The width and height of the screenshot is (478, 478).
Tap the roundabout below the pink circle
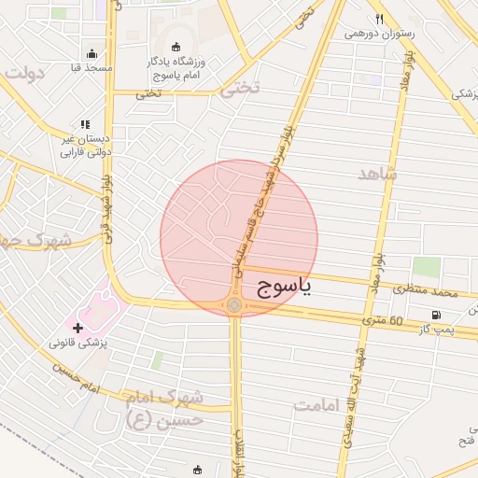pyautogui.click(x=233, y=305)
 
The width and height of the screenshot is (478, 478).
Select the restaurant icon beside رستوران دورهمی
pyautogui.click(x=379, y=19)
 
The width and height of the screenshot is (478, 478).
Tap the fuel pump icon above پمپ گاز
pyautogui.click(x=435, y=315)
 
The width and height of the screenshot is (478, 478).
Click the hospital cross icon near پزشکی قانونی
pyautogui.click(x=77, y=328)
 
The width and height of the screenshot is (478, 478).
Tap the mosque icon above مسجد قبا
pyautogui.click(x=91, y=53)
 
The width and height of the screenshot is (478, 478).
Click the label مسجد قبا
pyautogui.click(x=91, y=68)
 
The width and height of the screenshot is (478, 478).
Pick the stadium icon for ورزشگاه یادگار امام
pyautogui.click(x=176, y=47)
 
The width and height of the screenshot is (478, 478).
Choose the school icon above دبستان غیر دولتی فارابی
pyautogui.click(x=85, y=124)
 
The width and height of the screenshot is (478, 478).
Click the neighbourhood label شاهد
pyautogui.click(x=377, y=174)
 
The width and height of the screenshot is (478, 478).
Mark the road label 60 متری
pyautogui.click(x=384, y=320)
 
